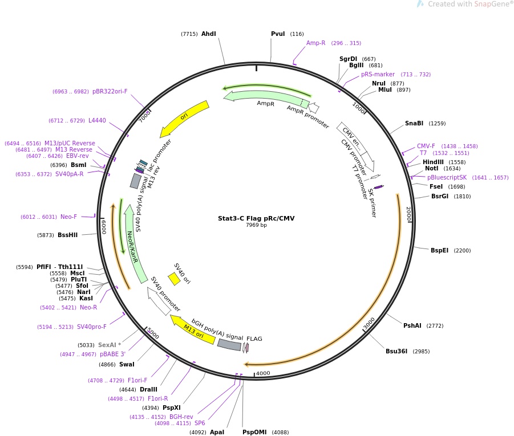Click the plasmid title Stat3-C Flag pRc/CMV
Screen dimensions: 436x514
pyautogui.click(x=256, y=218)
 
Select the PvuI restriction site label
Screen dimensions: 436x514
pyautogui.click(x=278, y=34)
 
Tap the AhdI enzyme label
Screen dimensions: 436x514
pyautogui.click(x=209, y=34)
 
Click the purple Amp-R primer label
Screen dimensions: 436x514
pyautogui.click(x=315, y=43)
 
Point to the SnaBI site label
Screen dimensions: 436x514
pyautogui.click(x=414, y=124)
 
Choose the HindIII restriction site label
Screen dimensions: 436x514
pyautogui.click(x=433, y=162)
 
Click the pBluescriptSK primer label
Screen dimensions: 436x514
pyautogui.click(x=447, y=178)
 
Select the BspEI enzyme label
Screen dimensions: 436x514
pyautogui.click(x=439, y=251)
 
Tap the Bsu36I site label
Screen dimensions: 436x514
pyautogui.click(x=396, y=352)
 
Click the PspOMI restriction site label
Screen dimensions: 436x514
pyautogui.click(x=254, y=433)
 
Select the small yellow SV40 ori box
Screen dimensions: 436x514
pyautogui.click(x=174, y=279)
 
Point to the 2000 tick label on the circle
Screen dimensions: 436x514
pyautogui.click(x=408, y=214)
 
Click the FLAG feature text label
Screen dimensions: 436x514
pyautogui.click(x=254, y=339)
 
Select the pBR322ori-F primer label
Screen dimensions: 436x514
pyautogui.click(x=110, y=92)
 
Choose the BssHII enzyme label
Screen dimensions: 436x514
pyautogui.click(x=67, y=235)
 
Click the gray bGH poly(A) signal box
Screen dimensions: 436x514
pyautogui.click(x=229, y=344)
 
